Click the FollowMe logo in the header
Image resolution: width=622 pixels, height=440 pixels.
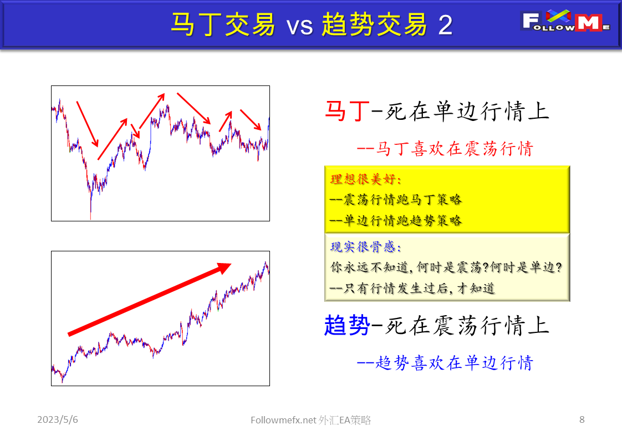pyautogui.click(x=566, y=22)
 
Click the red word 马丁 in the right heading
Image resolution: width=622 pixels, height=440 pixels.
pyautogui.click(x=346, y=112)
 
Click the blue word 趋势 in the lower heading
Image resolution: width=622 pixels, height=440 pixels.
pyautogui.click(x=346, y=325)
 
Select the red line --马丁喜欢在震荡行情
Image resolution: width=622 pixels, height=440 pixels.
pyautogui.click(x=445, y=149)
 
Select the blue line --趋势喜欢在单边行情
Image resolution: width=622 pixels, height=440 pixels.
pyautogui.click(x=445, y=363)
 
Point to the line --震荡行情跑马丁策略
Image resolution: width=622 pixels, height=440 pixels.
pyautogui.click(x=395, y=200)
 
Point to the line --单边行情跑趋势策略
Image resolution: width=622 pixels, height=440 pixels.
pyautogui.click(x=395, y=220)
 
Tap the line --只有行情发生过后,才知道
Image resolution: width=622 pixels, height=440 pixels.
pyautogui.click(x=412, y=288)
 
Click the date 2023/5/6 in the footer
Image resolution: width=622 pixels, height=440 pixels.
pyautogui.click(x=58, y=420)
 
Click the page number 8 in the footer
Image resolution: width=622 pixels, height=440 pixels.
pyautogui.click(x=582, y=419)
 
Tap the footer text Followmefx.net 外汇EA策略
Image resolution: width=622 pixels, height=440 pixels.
pyautogui.click(x=310, y=421)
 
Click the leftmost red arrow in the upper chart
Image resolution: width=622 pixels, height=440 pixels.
pyautogui.click(x=87, y=124)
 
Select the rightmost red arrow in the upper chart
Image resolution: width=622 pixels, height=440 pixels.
pyautogui.click(x=251, y=120)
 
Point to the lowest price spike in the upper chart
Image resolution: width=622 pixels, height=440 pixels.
pyautogui.click(x=90, y=213)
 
